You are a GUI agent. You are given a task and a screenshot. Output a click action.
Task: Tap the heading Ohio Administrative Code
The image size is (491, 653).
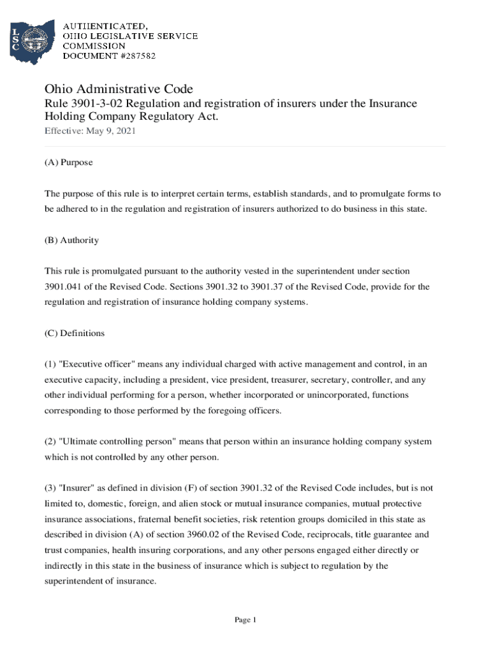(118, 89)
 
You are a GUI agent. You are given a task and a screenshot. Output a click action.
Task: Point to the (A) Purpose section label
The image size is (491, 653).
(68, 163)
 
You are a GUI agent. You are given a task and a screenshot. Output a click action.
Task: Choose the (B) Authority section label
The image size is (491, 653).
(71, 240)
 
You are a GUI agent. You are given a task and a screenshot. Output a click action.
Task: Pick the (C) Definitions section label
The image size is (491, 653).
(74, 334)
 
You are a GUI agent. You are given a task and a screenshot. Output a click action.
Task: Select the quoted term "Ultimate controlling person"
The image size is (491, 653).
(118, 442)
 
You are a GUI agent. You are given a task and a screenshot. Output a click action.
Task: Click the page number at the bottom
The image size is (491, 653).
(245, 620)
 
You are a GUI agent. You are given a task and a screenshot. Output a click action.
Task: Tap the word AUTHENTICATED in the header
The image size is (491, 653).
(105, 26)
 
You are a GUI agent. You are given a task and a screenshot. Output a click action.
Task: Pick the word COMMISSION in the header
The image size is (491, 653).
(94, 46)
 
